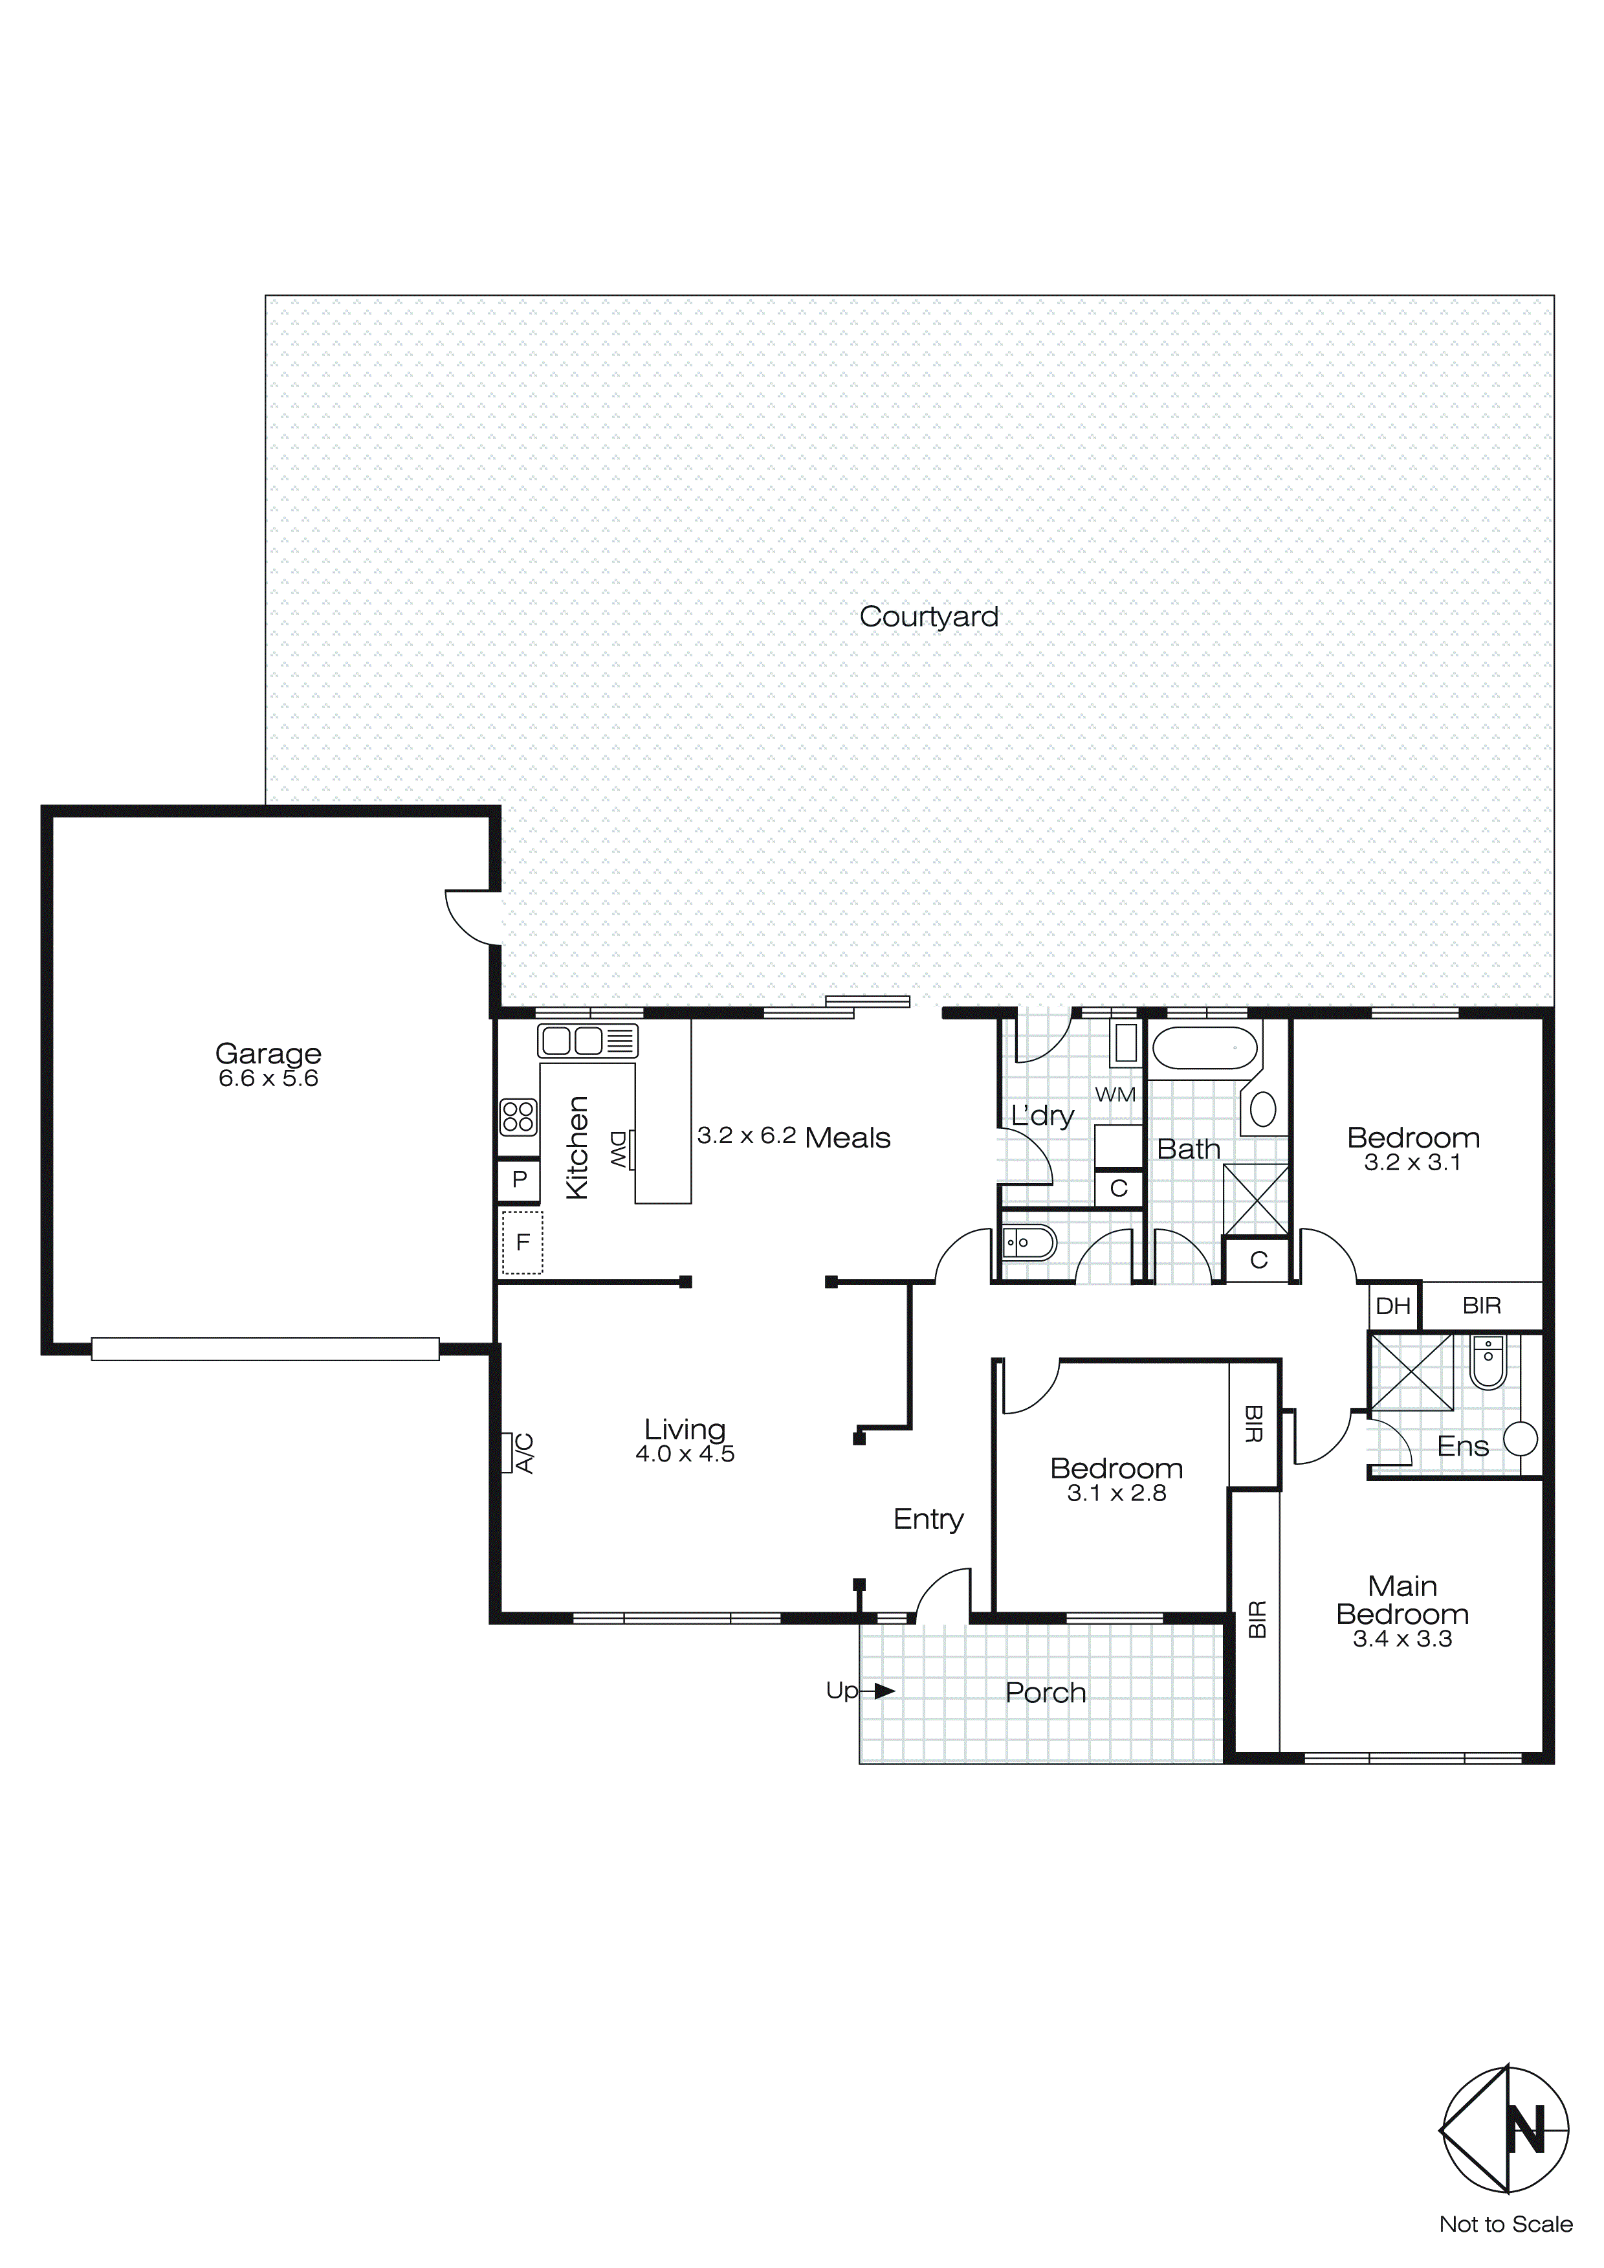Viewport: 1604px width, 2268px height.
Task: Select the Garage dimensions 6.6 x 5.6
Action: point(268,1079)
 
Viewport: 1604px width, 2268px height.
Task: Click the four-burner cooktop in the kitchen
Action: point(518,1117)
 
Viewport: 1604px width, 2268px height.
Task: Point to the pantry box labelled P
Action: point(518,1179)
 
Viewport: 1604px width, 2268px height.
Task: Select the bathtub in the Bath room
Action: point(1205,1048)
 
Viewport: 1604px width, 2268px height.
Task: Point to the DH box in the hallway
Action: point(1392,1306)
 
